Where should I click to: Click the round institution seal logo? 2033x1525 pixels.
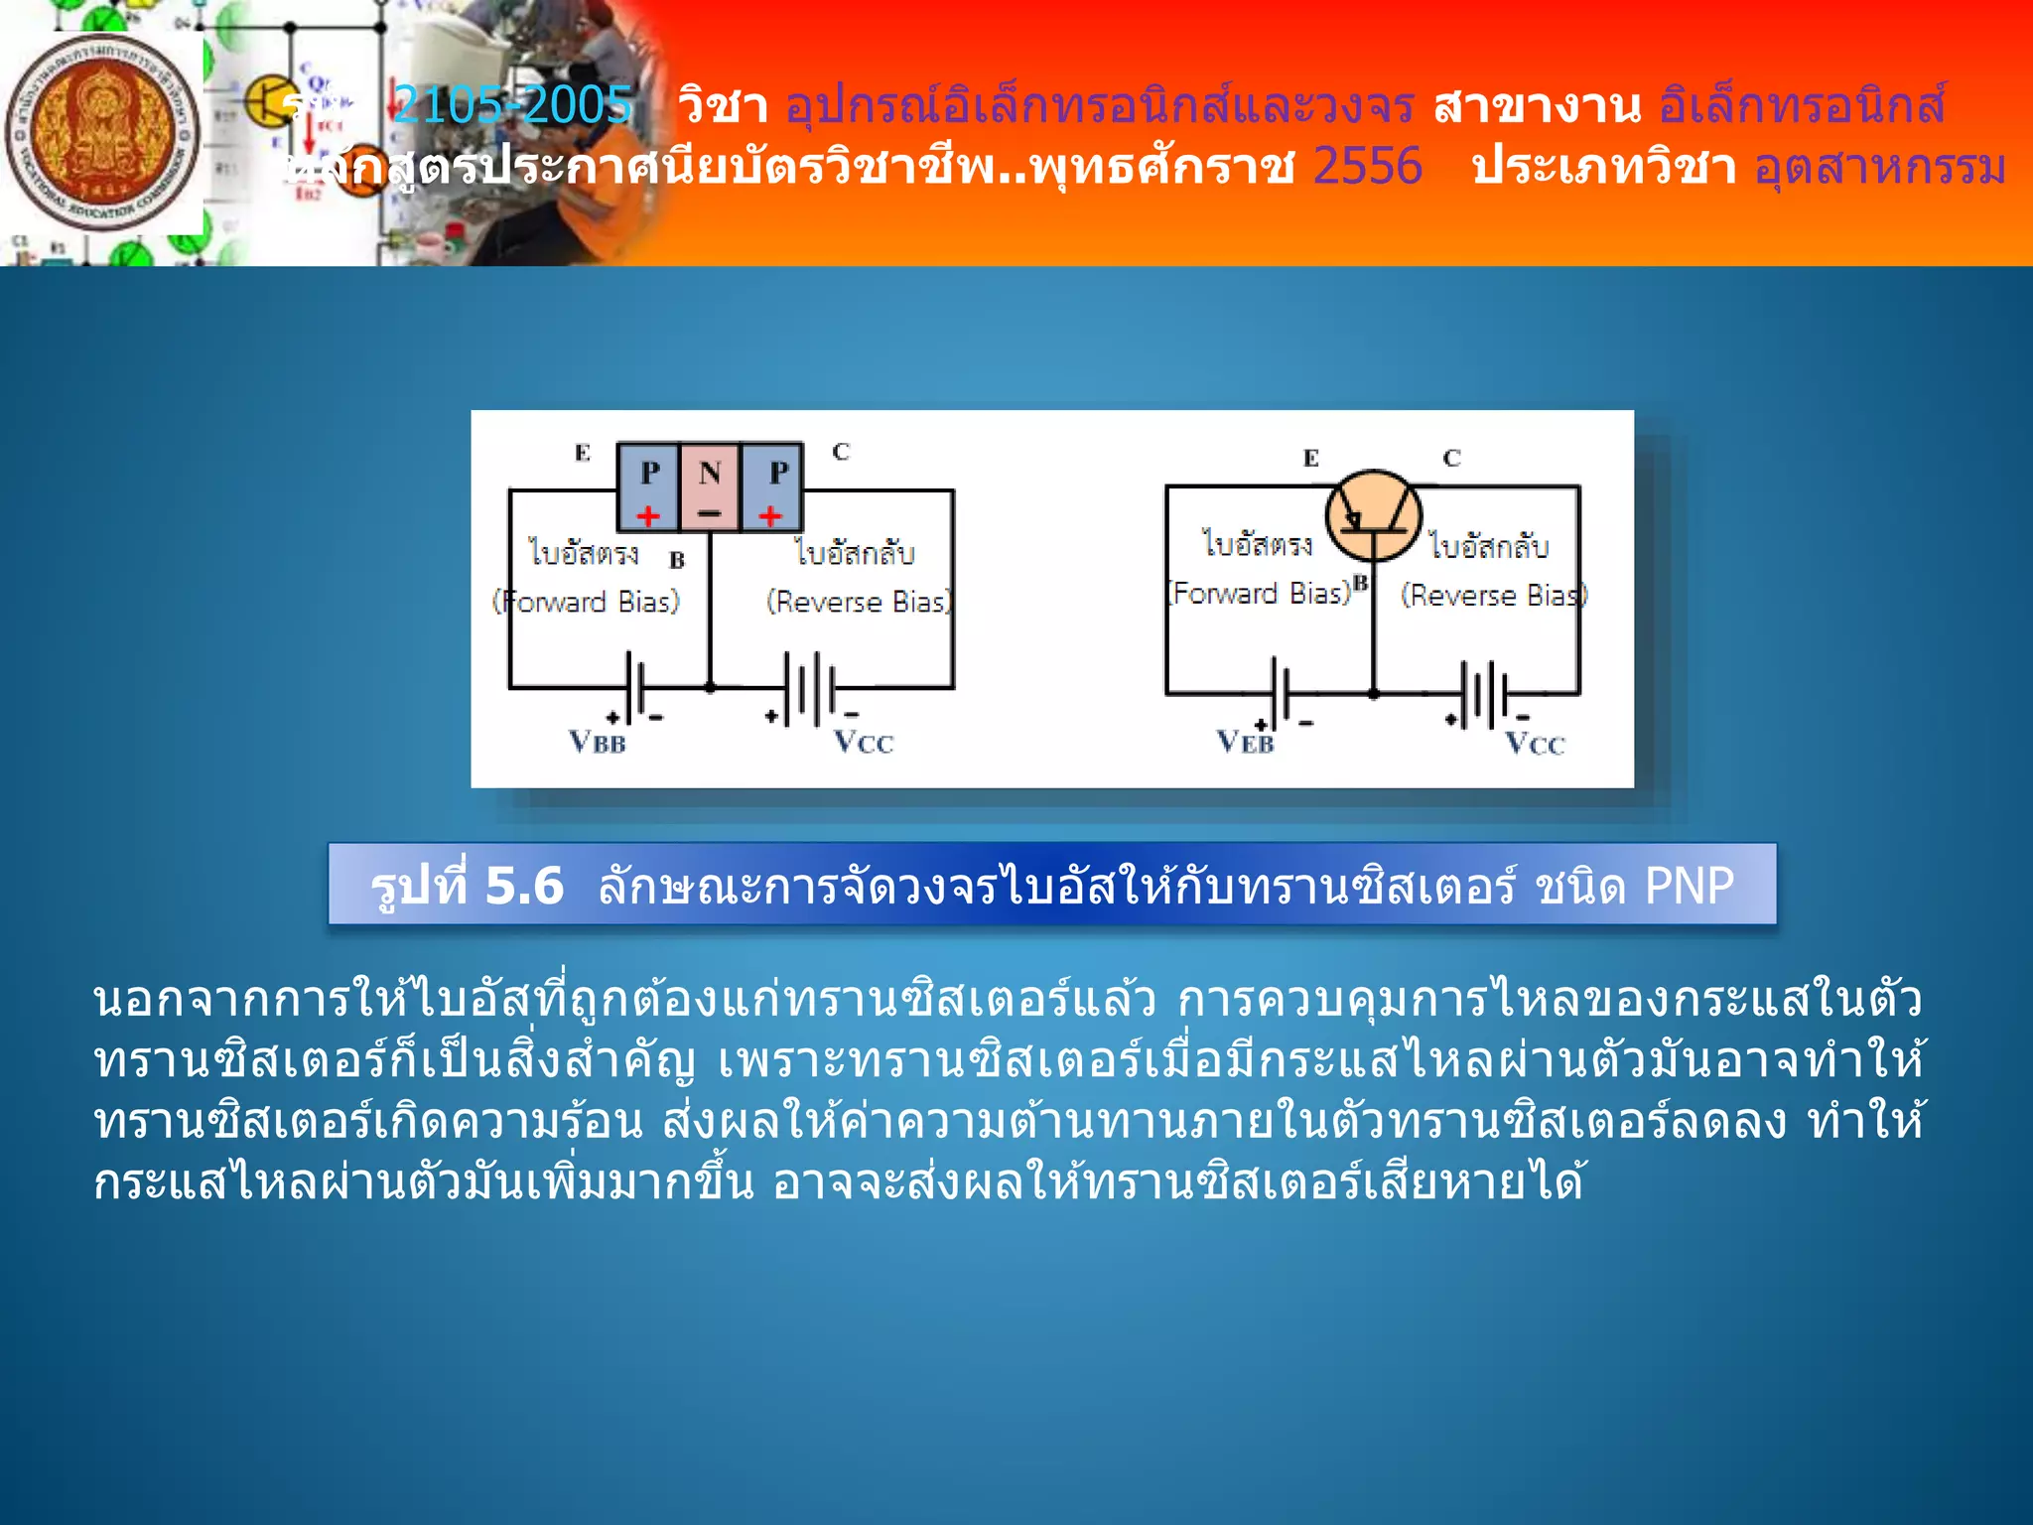pos(101,133)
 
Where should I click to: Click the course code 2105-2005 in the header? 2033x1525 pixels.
pos(512,104)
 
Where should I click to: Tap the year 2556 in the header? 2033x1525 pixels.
pos(1367,166)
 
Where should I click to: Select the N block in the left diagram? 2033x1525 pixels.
pos(709,485)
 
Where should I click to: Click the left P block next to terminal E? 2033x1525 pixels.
pos(648,485)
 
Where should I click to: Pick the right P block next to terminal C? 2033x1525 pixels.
pos(772,485)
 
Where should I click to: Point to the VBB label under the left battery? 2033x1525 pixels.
pos(597,742)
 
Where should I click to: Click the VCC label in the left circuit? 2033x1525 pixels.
pos(863,742)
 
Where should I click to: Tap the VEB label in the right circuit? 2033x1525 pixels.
pos(1245,742)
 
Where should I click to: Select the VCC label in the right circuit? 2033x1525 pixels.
pos(1534,744)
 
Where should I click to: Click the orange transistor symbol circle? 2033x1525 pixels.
pos(1374,517)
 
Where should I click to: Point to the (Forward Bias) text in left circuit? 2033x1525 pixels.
pos(587,602)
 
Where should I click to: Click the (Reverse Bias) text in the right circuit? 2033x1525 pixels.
pos(1493,596)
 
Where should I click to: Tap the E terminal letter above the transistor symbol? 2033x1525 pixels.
pos(1310,458)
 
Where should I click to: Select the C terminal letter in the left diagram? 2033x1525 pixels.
pos(841,452)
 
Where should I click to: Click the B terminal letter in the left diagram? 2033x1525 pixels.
pos(677,560)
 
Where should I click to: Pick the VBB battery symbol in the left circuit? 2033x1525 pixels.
pos(636,687)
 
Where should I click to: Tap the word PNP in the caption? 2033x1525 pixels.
pos(1689,885)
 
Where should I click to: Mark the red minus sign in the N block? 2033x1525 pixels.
pos(709,514)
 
